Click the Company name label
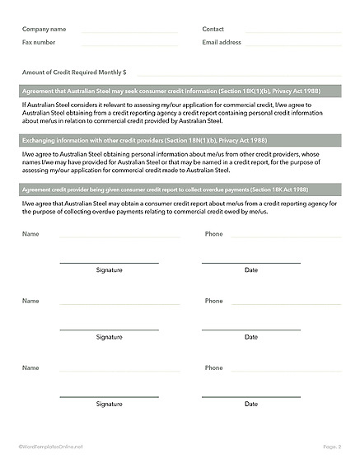[x=44, y=29]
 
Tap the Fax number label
[x=39, y=41]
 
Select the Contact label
[x=213, y=29]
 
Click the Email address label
[x=222, y=41]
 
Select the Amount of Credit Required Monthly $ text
[x=74, y=73]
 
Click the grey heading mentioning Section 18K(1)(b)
[x=171, y=90]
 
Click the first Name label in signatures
[x=30, y=234]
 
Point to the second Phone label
[x=213, y=301]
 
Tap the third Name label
[x=30, y=367]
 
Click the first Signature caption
[x=109, y=270]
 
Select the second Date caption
[x=251, y=337]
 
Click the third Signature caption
[x=109, y=404]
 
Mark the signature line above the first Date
[x=251, y=263]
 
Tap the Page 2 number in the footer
[x=332, y=447]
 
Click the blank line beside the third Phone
[x=285, y=371]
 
